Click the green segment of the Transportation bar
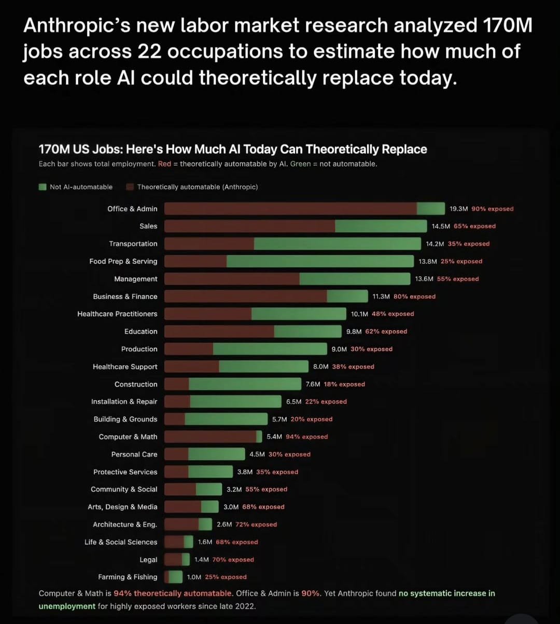pyautogui.click(x=337, y=244)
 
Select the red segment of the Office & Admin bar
pyautogui.click(x=290, y=209)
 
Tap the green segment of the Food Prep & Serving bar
pyautogui.click(x=320, y=261)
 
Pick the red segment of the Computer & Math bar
pyautogui.click(x=210, y=437)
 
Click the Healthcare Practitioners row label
pyautogui.click(x=117, y=314)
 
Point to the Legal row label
pyautogui.click(x=148, y=560)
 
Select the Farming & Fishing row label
pyautogui.click(x=128, y=577)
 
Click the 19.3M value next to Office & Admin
pyautogui.click(x=459, y=209)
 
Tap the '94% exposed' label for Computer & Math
pyautogui.click(x=307, y=437)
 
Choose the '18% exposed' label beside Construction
pyautogui.click(x=344, y=385)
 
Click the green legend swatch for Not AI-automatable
pyautogui.click(x=43, y=187)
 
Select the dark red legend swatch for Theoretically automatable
pyautogui.click(x=130, y=187)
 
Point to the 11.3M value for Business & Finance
pyautogui.click(x=381, y=296)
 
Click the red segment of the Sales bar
pyautogui.click(x=249, y=226)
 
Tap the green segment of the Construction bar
pyautogui.click(x=245, y=385)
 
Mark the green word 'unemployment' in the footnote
pyautogui.click(x=67, y=606)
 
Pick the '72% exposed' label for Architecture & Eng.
pyautogui.click(x=256, y=524)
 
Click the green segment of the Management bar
pyautogui.click(x=355, y=279)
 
